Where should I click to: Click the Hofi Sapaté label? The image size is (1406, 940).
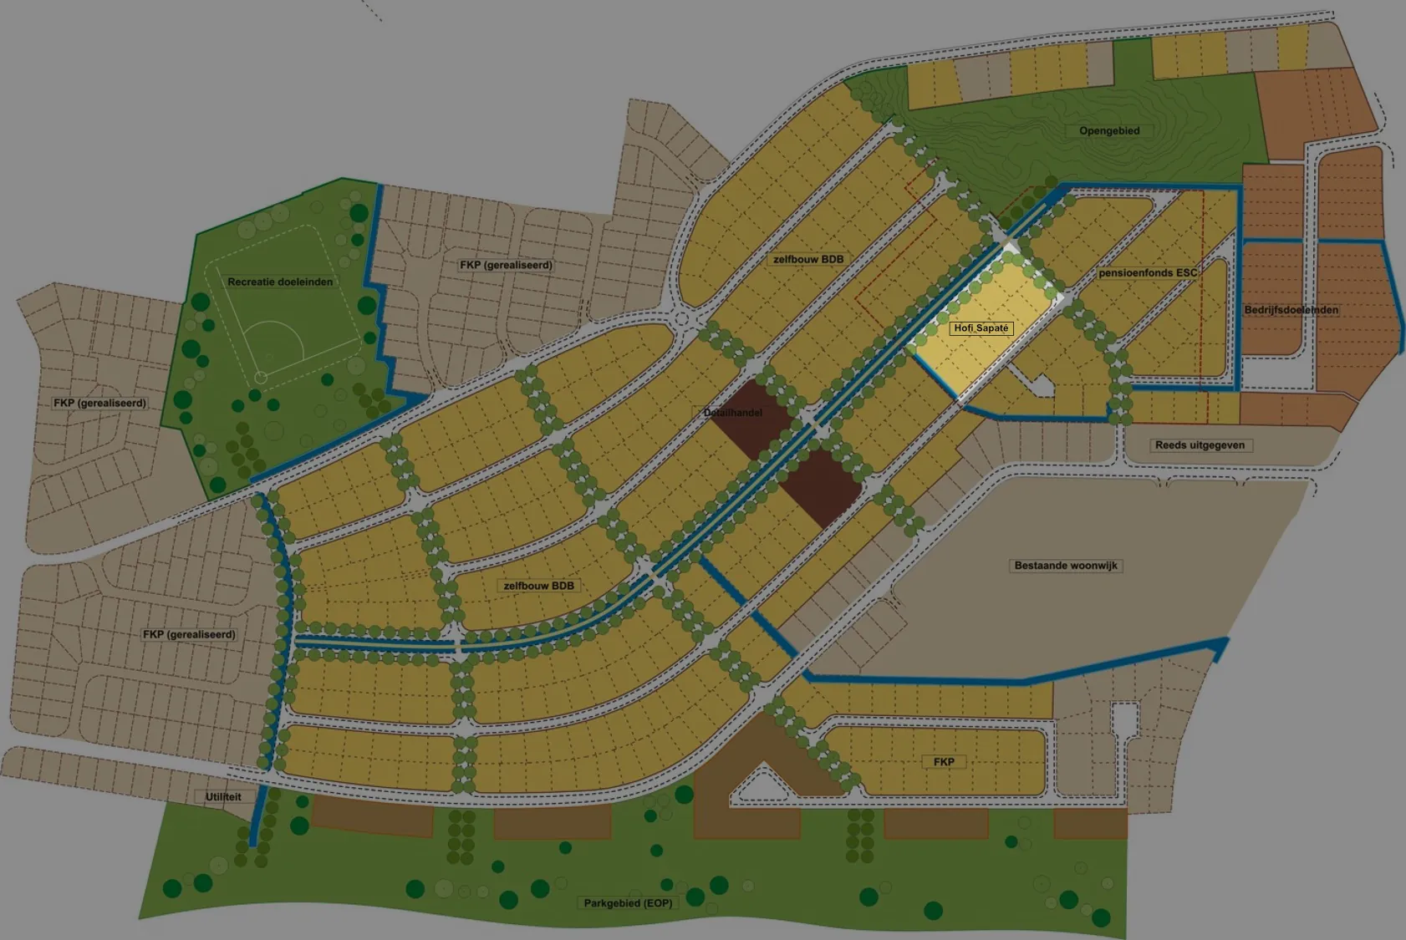tap(981, 328)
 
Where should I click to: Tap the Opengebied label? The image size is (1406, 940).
tap(1109, 131)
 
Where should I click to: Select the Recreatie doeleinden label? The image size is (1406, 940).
tap(280, 282)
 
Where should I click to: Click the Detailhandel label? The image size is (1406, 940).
tap(733, 413)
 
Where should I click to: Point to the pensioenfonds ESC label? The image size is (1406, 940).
tap(1148, 273)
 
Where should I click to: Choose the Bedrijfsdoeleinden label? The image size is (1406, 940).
tap(1291, 310)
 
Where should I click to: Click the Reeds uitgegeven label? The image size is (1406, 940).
tap(1200, 445)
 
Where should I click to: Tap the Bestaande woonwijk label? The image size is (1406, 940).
tap(1066, 566)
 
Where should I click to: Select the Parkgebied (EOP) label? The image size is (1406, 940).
tap(628, 903)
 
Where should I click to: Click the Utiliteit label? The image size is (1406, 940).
tap(223, 797)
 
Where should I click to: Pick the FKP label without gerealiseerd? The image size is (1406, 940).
tap(944, 762)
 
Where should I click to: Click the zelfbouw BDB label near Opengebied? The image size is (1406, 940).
tap(808, 260)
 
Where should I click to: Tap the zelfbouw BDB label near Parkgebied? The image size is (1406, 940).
tap(538, 586)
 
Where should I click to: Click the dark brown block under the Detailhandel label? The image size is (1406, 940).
tap(823, 485)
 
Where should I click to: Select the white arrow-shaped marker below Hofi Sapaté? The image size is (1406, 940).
tap(1042, 385)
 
